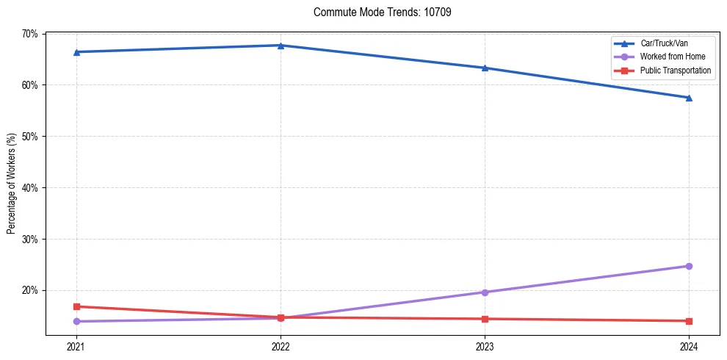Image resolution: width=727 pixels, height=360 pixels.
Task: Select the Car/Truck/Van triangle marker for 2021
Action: click(x=76, y=52)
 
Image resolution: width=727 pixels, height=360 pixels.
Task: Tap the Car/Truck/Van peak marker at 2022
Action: click(x=281, y=46)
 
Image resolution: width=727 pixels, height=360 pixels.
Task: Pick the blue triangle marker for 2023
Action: click(x=485, y=68)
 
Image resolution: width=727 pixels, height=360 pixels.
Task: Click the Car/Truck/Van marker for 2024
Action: click(x=689, y=98)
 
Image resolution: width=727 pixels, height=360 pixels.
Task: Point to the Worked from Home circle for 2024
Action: click(x=689, y=266)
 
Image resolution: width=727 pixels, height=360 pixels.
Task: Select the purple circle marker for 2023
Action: click(x=485, y=292)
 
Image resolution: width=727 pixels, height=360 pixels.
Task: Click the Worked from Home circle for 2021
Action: click(x=76, y=321)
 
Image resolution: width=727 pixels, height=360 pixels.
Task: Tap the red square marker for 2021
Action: click(x=76, y=306)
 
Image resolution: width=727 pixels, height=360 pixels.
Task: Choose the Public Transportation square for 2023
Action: click(x=485, y=319)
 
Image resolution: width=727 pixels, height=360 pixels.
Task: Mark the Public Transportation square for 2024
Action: click(x=689, y=321)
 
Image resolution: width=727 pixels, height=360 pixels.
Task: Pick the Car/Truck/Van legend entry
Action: click(x=665, y=43)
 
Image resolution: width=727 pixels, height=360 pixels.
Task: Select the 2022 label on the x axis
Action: click(x=281, y=346)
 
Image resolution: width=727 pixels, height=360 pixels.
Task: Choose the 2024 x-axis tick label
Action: click(x=689, y=346)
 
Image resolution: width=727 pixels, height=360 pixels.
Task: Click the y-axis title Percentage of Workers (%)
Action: click(x=12, y=184)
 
